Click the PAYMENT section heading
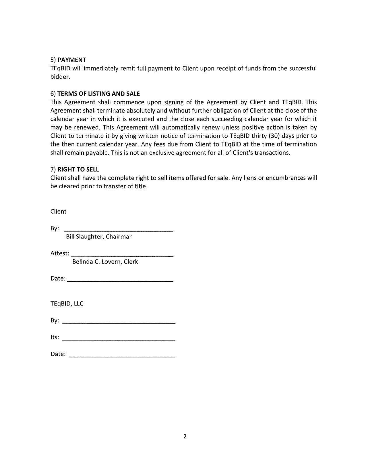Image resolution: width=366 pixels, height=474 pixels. click(71, 60)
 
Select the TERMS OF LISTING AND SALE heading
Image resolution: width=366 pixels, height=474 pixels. click(98, 94)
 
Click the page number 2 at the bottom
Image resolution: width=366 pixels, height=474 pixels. click(185, 436)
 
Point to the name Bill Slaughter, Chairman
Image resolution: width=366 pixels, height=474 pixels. click(99, 237)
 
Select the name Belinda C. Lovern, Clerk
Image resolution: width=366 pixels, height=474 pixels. click(105, 262)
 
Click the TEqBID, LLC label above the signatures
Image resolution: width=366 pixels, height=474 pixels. click(67, 303)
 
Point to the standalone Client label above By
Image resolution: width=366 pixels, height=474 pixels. click(58, 211)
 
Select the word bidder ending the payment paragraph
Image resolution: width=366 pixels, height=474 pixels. click(60, 77)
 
